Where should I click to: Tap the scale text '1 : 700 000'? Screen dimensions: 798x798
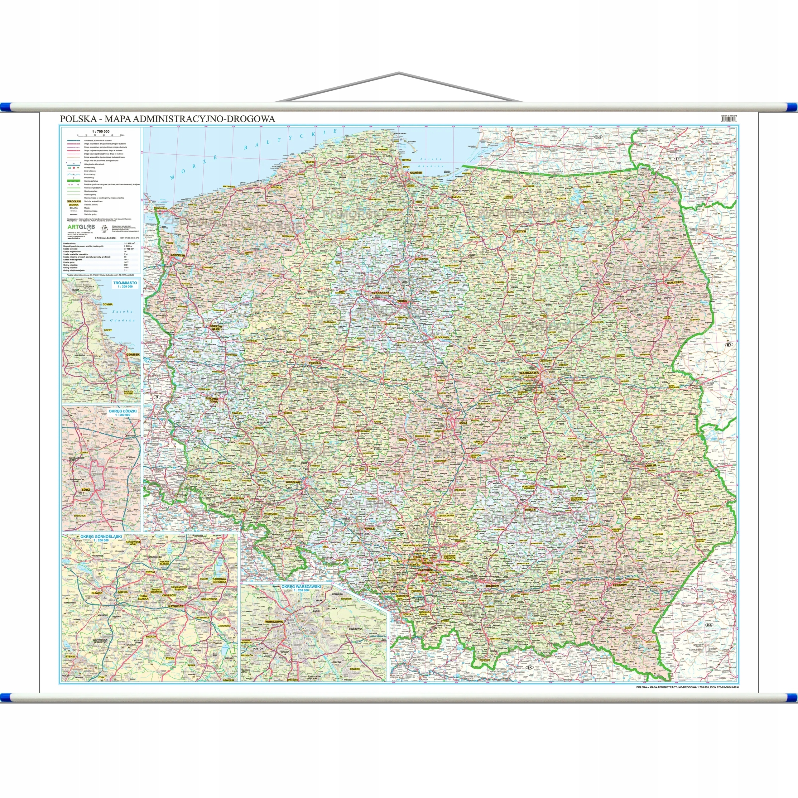click(x=100, y=131)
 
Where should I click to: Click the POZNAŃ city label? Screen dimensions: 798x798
click(x=314, y=363)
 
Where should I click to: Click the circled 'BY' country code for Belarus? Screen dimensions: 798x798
click(x=728, y=344)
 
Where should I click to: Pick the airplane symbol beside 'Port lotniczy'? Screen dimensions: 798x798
click(x=74, y=178)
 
